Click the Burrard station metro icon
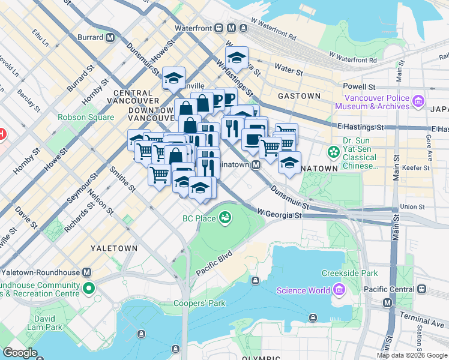click(110, 37)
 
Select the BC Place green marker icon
click(226, 217)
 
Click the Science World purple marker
click(339, 290)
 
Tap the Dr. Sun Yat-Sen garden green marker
click(333, 152)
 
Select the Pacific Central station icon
click(421, 289)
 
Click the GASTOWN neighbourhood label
click(299, 96)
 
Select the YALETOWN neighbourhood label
click(113, 248)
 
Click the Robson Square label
click(86, 117)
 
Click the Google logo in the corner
click(20, 353)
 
